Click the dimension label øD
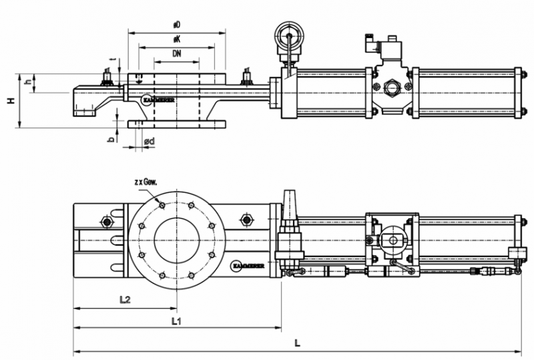(177, 25)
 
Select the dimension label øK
(176, 39)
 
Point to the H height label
(11, 100)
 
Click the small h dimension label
(27, 82)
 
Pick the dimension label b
(111, 139)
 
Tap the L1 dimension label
(176, 321)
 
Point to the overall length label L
(297, 343)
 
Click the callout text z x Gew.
(146, 182)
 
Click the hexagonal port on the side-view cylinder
(392, 87)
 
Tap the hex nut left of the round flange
(105, 221)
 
